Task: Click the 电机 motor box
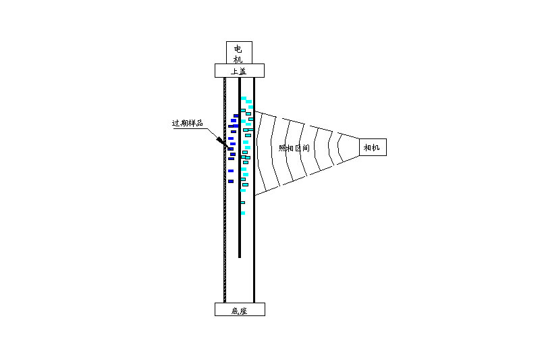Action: click(x=239, y=53)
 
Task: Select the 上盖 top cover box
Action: click(x=240, y=71)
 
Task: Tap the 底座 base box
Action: click(x=240, y=309)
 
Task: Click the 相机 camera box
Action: click(x=373, y=147)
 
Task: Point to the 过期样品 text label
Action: click(x=188, y=123)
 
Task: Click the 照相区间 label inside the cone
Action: click(x=294, y=148)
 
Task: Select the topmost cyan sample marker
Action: click(x=244, y=98)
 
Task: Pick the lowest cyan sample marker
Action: click(x=243, y=213)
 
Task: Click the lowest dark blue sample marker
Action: click(x=231, y=181)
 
